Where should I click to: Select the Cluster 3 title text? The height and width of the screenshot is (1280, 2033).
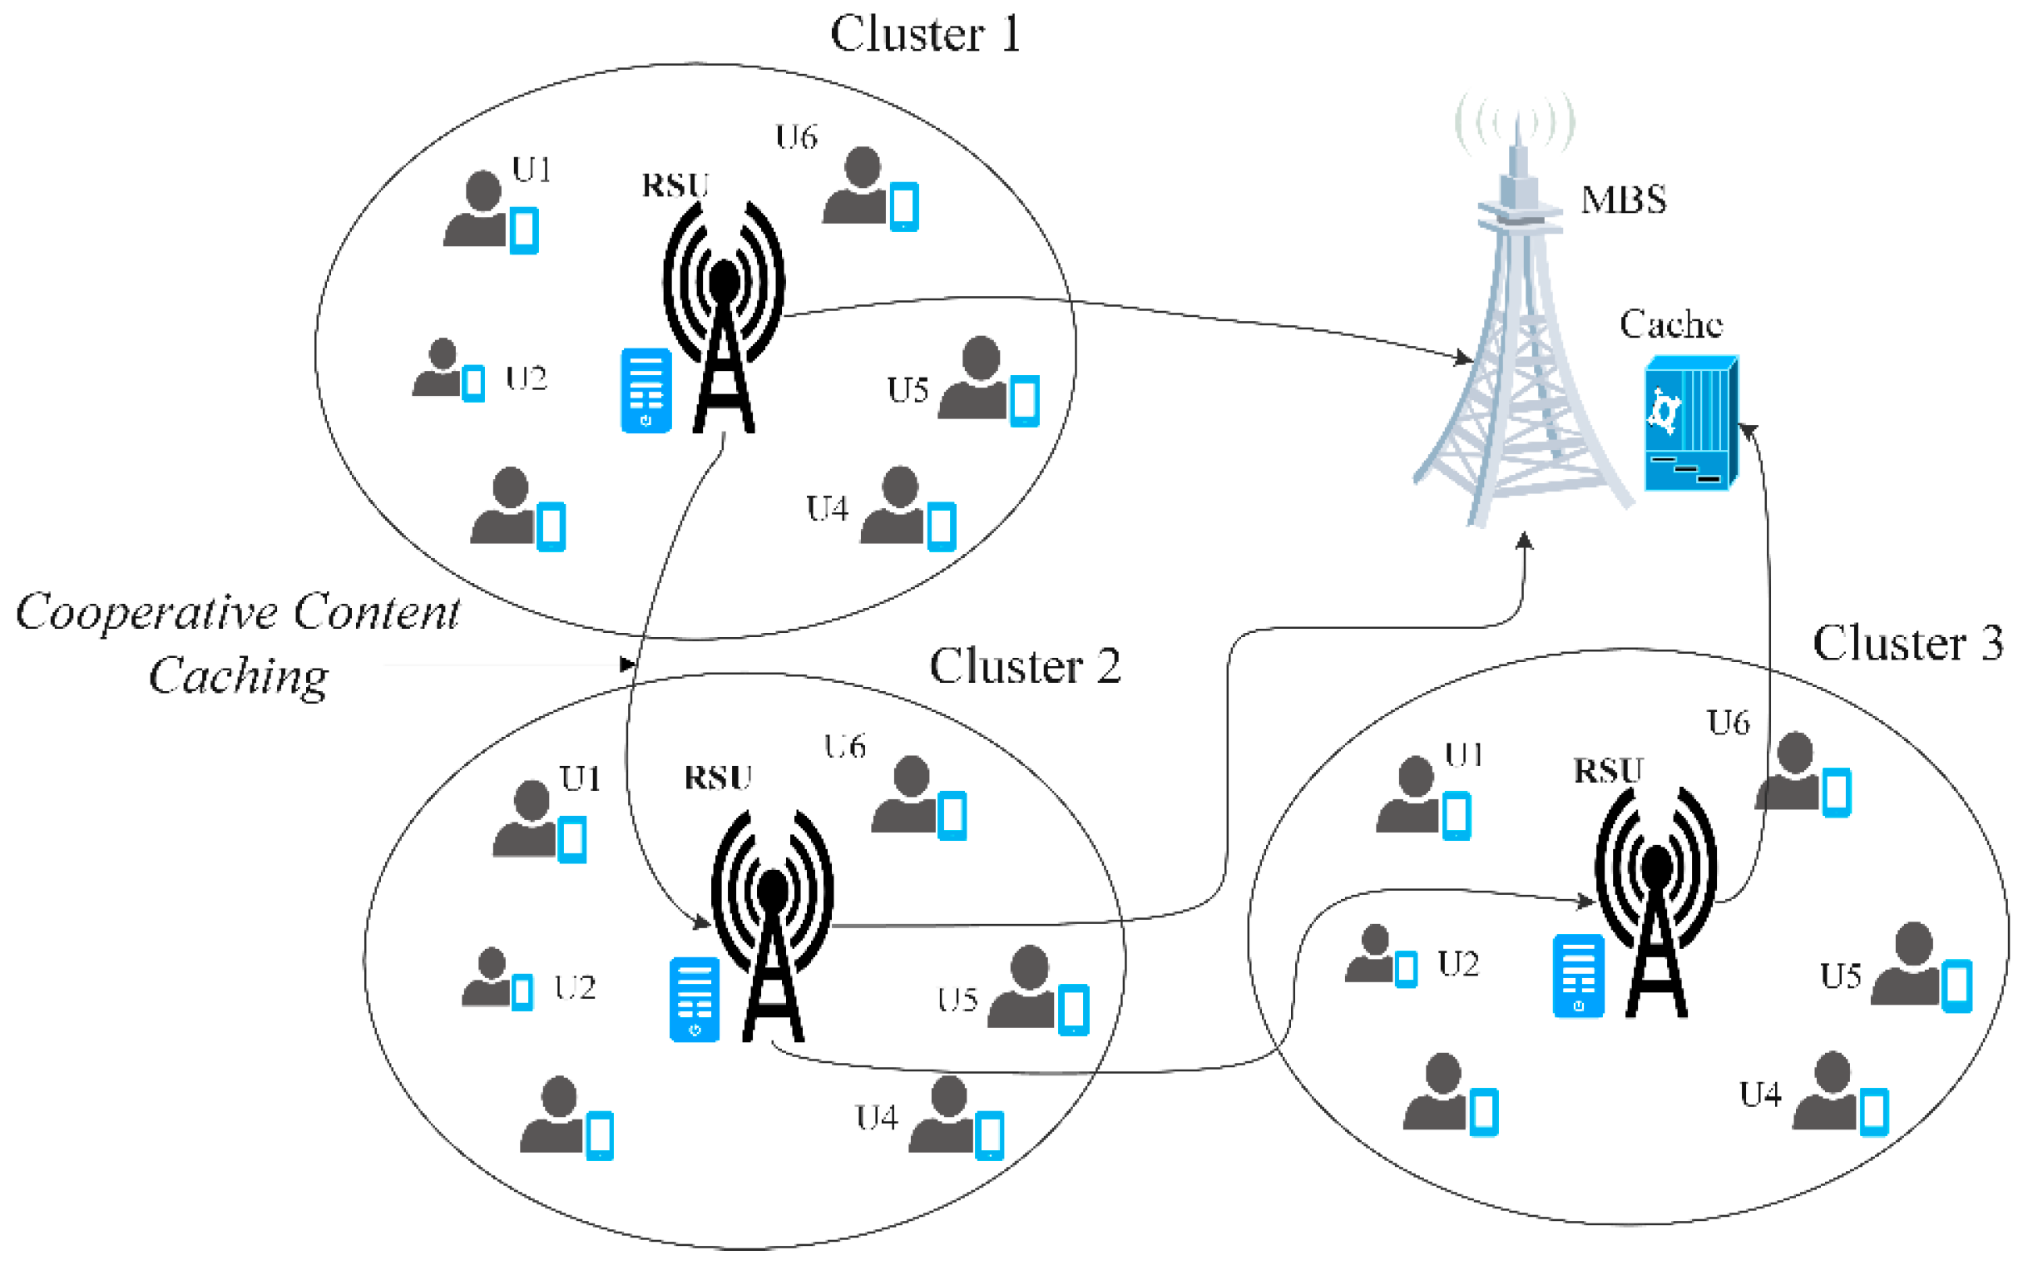coord(1907,645)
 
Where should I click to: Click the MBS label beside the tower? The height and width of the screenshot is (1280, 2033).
coord(1623,200)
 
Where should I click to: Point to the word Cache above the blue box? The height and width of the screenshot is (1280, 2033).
coord(1670,325)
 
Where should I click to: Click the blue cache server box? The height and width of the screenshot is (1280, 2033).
coord(1690,425)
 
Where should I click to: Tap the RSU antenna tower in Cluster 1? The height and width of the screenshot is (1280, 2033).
coord(724,317)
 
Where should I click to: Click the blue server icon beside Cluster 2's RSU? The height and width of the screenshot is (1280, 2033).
coord(694,999)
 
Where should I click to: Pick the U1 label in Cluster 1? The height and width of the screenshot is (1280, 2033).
coord(531,171)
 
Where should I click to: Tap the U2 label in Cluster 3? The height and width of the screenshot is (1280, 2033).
coord(1458,964)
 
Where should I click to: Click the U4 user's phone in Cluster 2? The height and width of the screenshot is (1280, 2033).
coord(989,1135)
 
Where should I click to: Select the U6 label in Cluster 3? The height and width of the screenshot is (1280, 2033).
coord(1728,724)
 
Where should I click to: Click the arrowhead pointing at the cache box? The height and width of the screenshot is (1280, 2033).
coord(1747,432)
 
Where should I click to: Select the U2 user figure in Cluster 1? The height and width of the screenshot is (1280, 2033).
coord(438,368)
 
